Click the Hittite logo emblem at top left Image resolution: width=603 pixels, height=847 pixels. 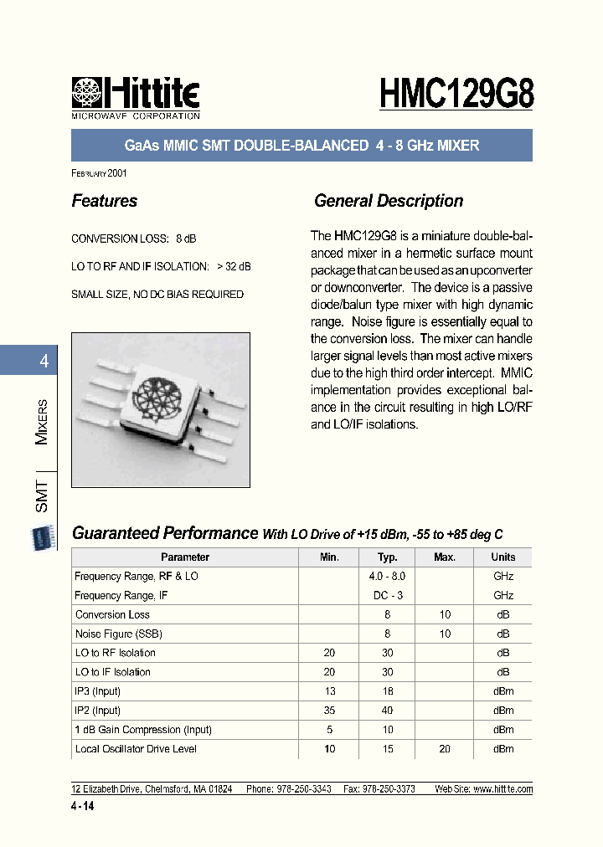[x=86, y=93]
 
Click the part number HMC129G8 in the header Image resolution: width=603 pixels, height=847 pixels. [x=456, y=93]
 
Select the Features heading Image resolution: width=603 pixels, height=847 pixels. [x=105, y=201]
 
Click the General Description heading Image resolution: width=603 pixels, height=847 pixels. [x=388, y=201]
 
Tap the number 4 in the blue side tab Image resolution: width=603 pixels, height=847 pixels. [x=44, y=362]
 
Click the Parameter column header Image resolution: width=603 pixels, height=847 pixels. [x=185, y=557]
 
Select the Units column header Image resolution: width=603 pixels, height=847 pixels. [x=503, y=557]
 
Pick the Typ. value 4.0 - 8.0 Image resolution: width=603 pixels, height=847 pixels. [x=387, y=577]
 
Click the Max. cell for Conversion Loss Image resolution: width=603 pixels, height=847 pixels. [x=445, y=615]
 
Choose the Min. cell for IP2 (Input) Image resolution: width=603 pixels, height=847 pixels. [x=329, y=711]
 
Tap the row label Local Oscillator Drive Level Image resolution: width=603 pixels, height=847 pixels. [x=136, y=749]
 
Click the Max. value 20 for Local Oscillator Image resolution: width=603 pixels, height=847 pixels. [x=445, y=749]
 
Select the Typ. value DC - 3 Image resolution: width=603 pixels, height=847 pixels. [x=387, y=596]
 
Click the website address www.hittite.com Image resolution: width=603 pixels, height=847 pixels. [x=502, y=789]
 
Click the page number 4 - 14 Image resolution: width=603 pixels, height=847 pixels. [x=85, y=804]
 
